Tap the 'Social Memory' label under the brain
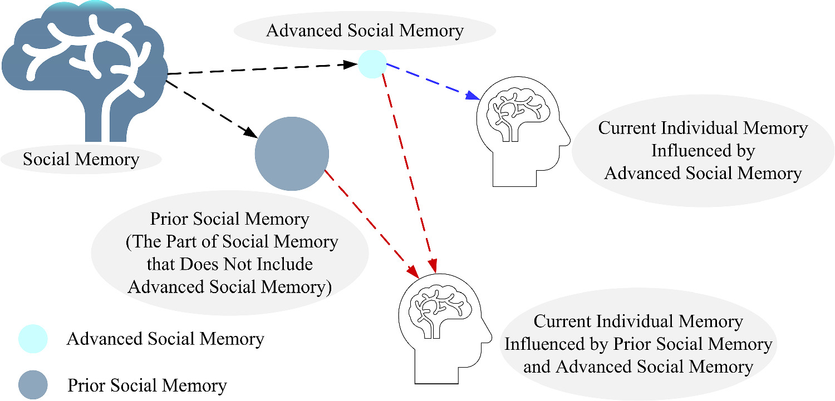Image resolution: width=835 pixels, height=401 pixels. tap(81, 160)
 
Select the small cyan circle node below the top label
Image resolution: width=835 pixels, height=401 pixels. tap(372, 63)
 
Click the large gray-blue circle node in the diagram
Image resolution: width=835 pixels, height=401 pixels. tap(292, 154)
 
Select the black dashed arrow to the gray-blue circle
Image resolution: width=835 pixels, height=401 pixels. tap(212, 109)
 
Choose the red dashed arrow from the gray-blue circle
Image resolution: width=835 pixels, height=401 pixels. tap(370, 222)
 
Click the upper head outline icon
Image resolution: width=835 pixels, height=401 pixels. tap(522, 133)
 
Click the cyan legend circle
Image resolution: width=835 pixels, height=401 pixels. tap(33, 339)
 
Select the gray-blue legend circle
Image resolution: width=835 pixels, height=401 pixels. tap(33, 385)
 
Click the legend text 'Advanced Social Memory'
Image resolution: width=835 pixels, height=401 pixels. tap(165, 339)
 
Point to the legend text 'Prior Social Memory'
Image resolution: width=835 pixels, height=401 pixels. tap(147, 385)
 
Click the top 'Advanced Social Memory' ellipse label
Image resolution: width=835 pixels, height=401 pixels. tap(365, 30)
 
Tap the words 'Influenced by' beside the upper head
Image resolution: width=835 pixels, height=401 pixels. tap(703, 151)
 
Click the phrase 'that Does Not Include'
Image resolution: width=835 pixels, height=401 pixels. tap(229, 264)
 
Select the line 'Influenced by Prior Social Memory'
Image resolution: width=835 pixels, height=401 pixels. tap(638, 344)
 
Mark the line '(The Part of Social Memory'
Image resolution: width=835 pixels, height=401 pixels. tap(230, 242)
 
